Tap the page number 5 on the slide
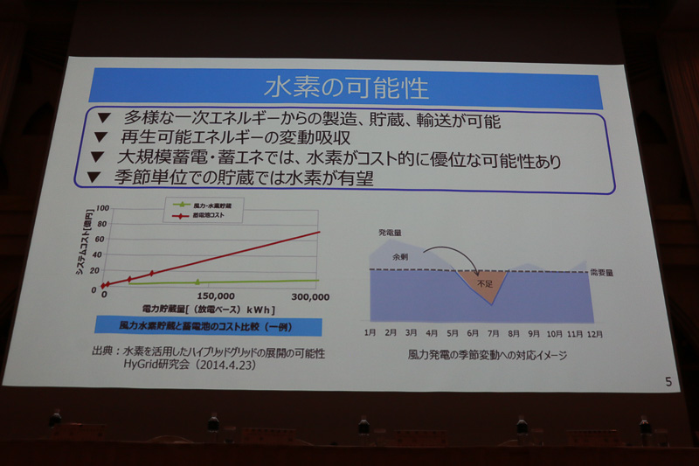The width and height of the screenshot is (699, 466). [x=668, y=381]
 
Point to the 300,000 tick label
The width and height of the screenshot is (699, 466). [x=310, y=297]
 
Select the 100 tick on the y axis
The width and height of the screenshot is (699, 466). [x=101, y=209]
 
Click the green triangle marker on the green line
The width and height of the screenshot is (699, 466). [x=197, y=282]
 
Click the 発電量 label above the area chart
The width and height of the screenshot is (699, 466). [x=391, y=233]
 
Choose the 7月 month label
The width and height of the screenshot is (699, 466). [x=493, y=333]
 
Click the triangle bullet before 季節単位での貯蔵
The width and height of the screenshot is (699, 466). [x=96, y=177]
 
